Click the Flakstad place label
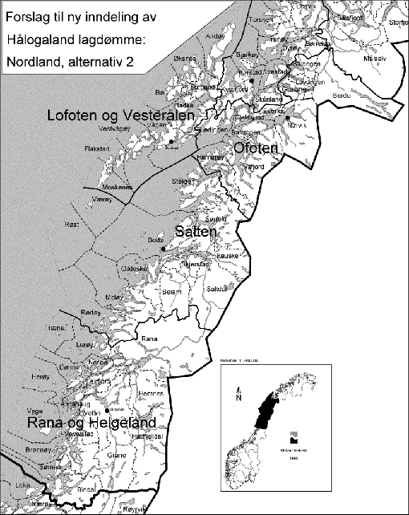[x=96, y=149]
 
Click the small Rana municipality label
[x=149, y=339]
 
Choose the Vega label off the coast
[x=35, y=412]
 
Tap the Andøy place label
[x=216, y=36]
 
